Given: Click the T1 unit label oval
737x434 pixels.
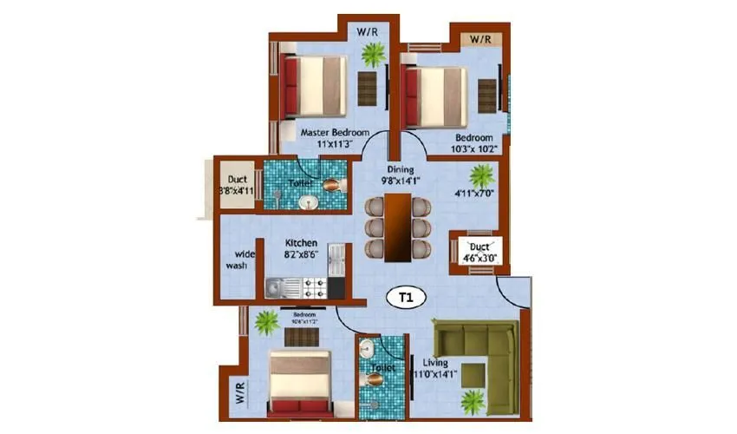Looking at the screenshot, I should (x=404, y=298).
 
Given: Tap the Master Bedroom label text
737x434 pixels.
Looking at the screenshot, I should (x=329, y=133).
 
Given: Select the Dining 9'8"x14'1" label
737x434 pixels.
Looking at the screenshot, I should (x=401, y=175).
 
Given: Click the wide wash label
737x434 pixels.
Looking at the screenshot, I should (x=237, y=260).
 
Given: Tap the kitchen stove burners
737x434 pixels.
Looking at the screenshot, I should (x=315, y=285).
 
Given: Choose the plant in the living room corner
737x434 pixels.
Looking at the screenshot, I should (x=473, y=401).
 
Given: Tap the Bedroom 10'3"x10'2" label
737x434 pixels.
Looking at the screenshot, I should (x=474, y=143).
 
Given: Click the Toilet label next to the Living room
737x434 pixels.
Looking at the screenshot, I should (x=382, y=368).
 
